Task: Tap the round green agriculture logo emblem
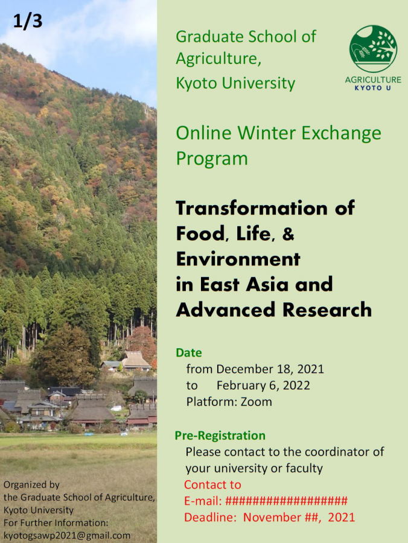click(373, 48)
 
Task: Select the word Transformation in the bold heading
click(252, 208)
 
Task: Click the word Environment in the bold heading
click(238, 259)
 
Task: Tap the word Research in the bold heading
click(327, 310)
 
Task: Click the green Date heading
click(189, 352)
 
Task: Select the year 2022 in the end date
click(296, 386)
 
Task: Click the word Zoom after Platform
click(257, 402)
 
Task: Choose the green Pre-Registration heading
click(220, 435)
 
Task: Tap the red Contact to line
click(212, 484)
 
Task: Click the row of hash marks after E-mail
click(287, 501)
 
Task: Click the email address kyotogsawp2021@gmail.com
click(67, 535)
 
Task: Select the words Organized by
click(31, 485)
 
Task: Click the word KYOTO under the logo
click(368, 88)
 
